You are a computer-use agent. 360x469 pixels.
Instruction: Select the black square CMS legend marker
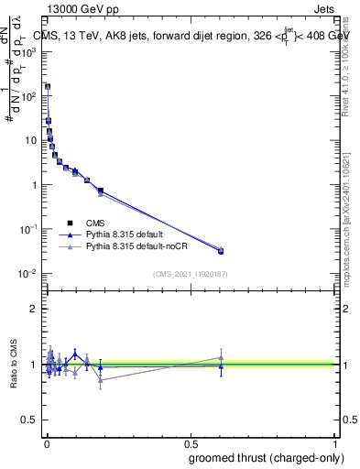[70, 223]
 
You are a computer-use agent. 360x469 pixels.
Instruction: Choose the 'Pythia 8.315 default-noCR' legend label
[140, 246]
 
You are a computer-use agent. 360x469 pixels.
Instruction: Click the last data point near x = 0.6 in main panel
[221, 250]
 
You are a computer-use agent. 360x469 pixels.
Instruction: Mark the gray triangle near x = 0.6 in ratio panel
[221, 357]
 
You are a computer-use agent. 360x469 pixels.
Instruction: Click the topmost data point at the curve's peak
[48, 86]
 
